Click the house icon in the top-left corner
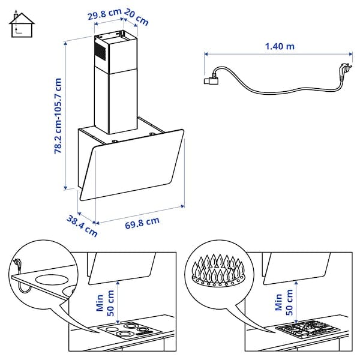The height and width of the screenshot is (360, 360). point(22,23)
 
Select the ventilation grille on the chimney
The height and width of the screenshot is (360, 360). point(100,52)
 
